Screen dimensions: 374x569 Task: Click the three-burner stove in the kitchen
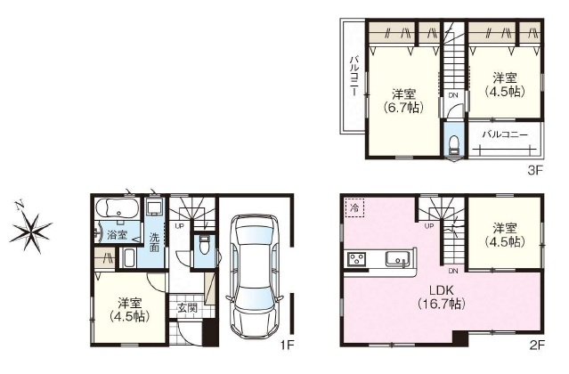point(356,259)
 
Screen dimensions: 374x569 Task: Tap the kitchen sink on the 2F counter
point(397,259)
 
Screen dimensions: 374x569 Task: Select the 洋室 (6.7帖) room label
point(402,101)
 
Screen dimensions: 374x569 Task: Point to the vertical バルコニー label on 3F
point(354,76)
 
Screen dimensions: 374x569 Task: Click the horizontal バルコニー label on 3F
point(505,135)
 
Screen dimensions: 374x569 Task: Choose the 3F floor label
point(534,166)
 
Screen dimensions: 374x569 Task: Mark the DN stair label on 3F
point(452,94)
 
